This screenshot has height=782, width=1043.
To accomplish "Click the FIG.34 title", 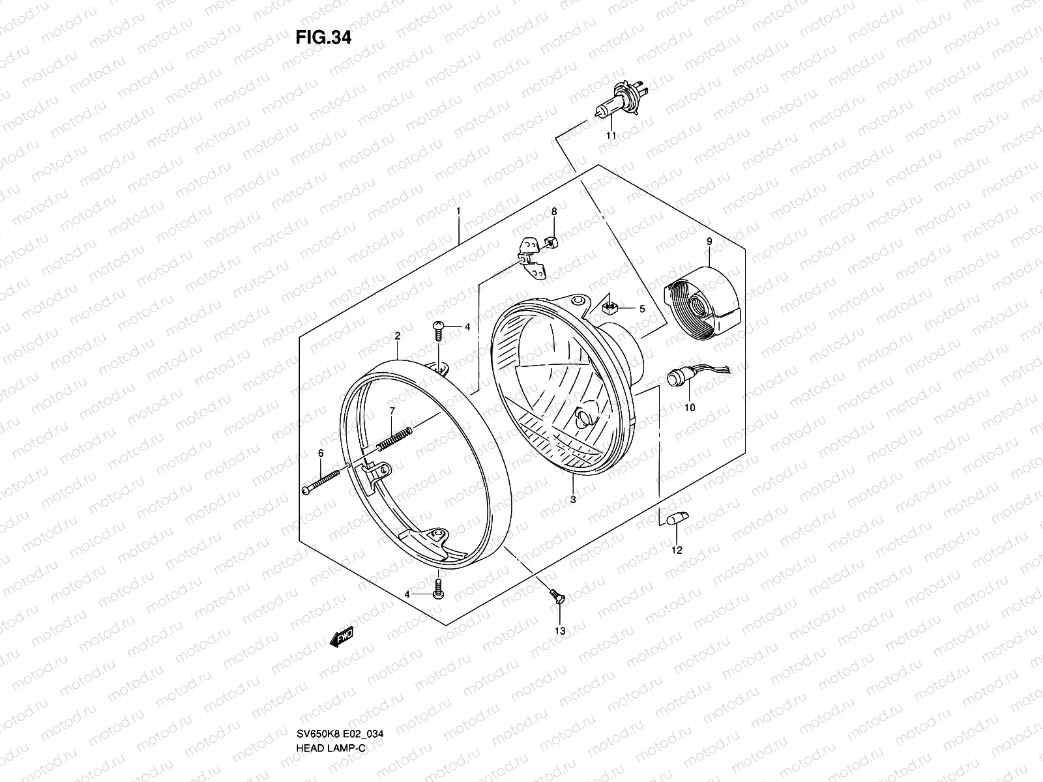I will point(323,37).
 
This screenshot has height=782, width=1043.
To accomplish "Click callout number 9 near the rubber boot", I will point(709,242).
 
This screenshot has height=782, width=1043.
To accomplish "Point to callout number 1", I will point(459,212).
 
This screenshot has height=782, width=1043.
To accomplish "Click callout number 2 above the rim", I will point(397,336).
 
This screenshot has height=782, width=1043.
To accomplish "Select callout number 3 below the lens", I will point(572,500).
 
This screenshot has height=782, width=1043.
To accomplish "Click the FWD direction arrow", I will point(342,637).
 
